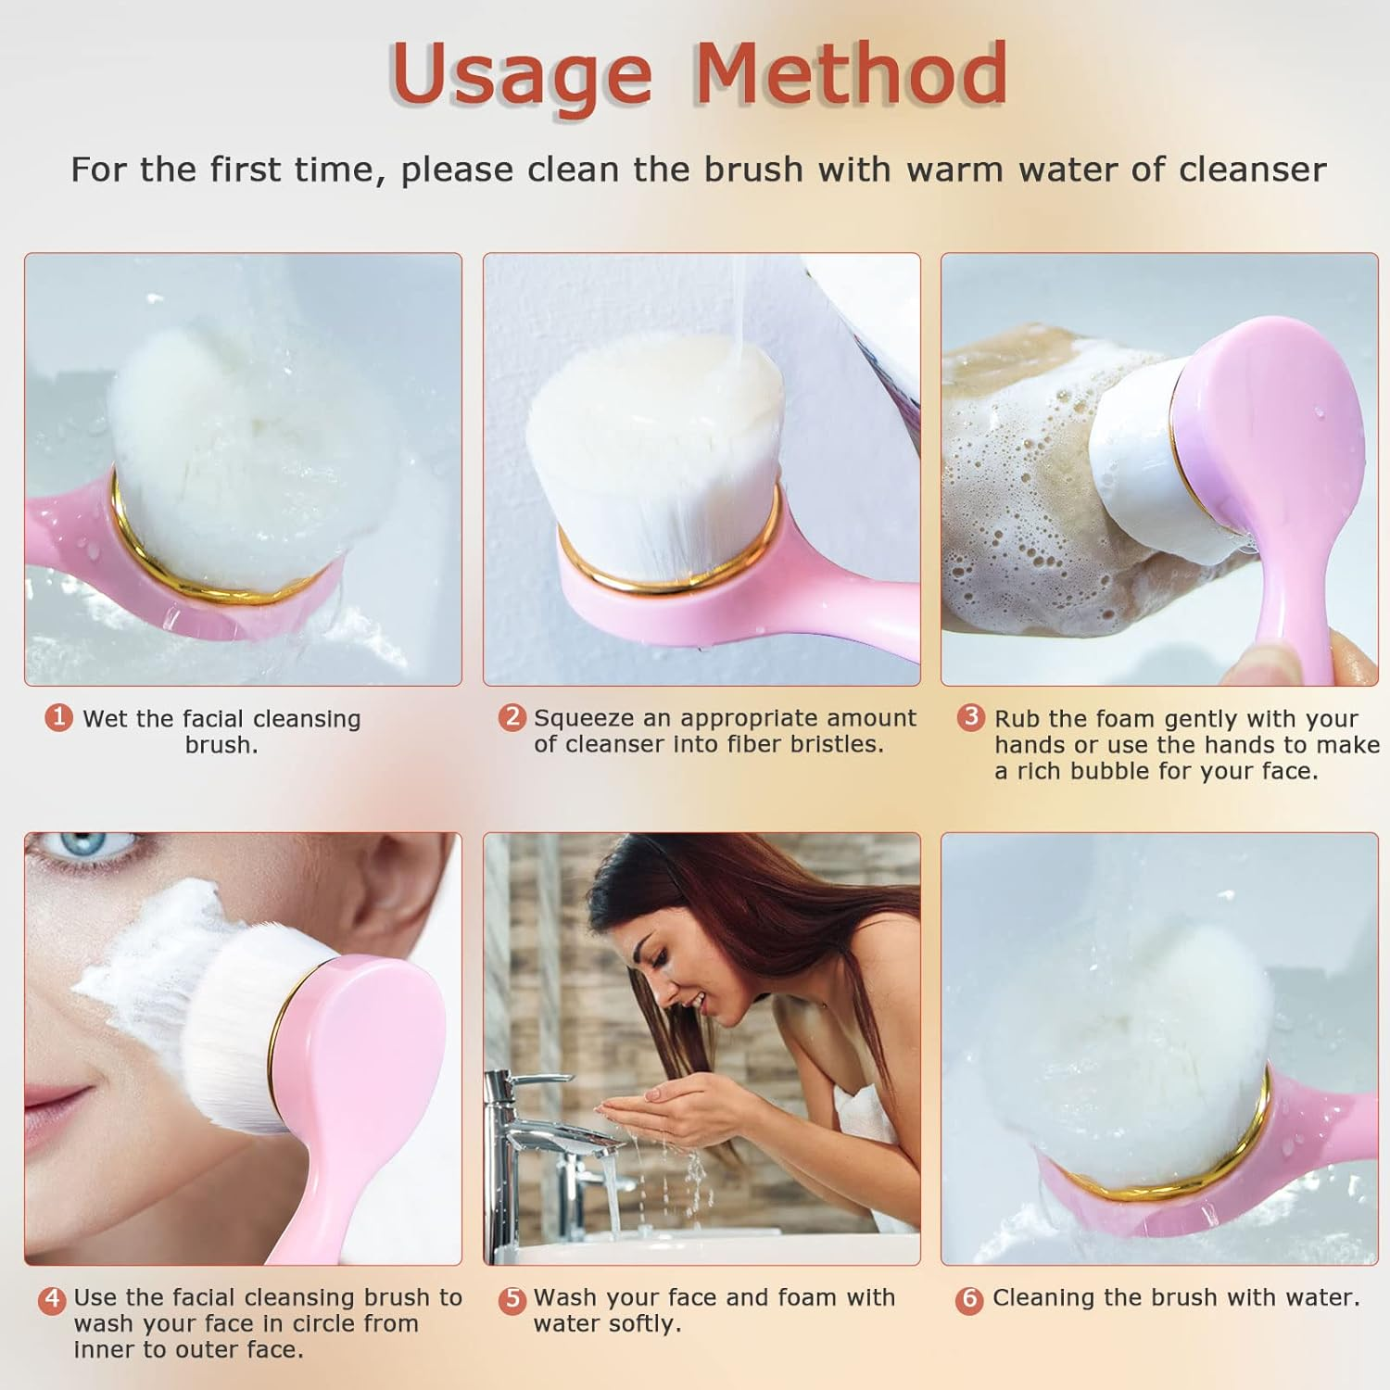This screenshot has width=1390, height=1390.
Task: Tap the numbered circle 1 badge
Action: click(x=59, y=717)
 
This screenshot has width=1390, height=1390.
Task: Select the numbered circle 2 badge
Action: click(x=512, y=717)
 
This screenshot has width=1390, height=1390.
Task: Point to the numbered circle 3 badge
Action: click(x=970, y=717)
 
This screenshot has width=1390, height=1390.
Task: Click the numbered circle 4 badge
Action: click(x=52, y=1299)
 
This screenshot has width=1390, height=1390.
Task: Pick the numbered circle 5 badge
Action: click(x=512, y=1299)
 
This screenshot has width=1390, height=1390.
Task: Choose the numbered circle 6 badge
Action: click(x=969, y=1299)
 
